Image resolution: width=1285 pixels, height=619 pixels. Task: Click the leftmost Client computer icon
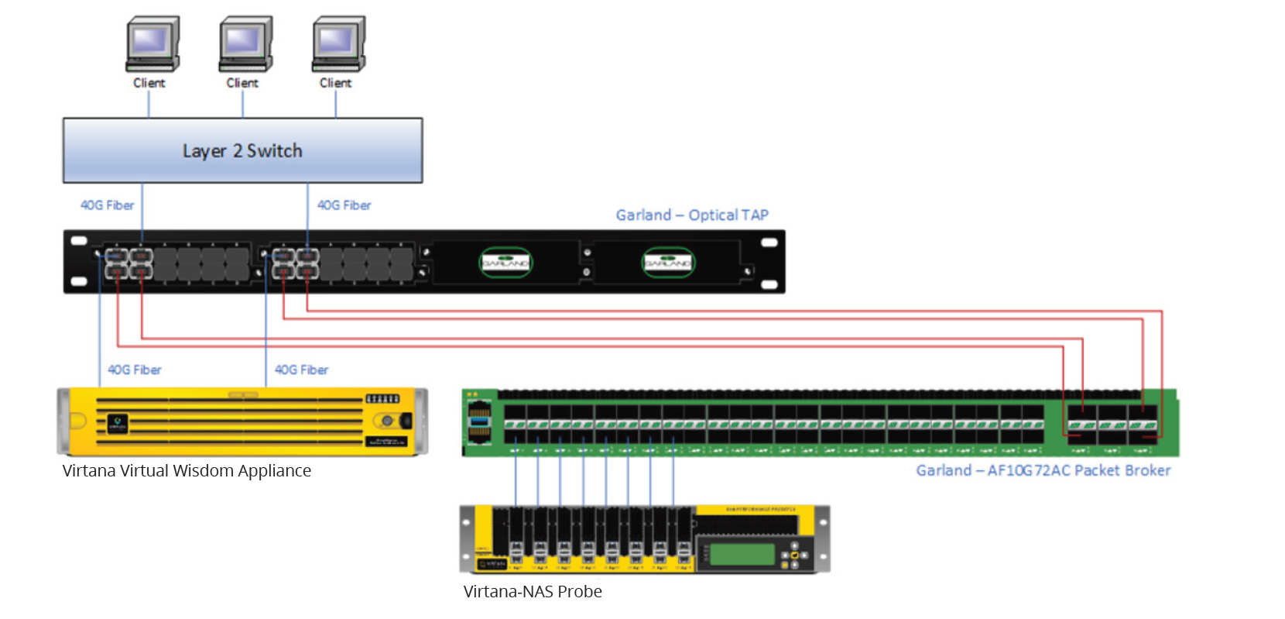[152, 43]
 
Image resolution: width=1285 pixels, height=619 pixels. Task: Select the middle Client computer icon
[245, 43]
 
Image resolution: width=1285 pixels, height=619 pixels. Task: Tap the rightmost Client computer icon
[338, 43]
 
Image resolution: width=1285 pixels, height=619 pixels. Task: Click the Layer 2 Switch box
[242, 150]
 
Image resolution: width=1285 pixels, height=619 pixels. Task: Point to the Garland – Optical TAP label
[692, 215]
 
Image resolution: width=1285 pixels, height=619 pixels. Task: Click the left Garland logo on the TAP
[505, 263]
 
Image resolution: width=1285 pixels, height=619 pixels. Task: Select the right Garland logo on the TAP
[668, 263]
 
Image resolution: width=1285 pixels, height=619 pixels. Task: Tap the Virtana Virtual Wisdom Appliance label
[187, 471]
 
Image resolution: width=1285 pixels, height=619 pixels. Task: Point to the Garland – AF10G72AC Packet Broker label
[1043, 470]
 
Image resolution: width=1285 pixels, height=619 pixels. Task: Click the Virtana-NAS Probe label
[533, 592]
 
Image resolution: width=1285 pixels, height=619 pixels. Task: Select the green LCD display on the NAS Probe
[742, 554]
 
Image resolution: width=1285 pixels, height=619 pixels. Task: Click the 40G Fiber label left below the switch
[108, 205]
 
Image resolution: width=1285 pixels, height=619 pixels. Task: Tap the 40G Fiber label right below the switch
[344, 205]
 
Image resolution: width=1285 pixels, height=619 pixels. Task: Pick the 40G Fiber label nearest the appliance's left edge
[135, 370]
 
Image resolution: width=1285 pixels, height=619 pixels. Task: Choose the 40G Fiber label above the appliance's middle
[302, 370]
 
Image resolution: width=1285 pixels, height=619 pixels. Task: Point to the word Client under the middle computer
[242, 83]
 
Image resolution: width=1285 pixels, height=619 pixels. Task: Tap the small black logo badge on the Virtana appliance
[118, 423]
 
